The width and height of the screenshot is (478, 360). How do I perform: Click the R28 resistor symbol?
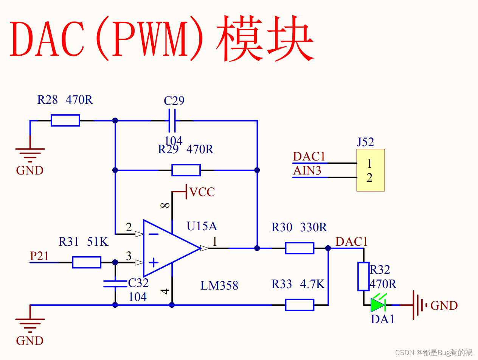point(65,120)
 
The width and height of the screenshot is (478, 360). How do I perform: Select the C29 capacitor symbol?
point(172,120)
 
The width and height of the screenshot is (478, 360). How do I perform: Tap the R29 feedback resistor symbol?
point(186,170)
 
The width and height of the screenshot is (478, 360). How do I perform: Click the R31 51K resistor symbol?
point(87,262)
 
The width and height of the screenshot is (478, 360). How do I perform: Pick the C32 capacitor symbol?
point(115,284)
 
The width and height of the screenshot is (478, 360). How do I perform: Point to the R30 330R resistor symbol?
point(300,248)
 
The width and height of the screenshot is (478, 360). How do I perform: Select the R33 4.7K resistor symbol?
point(300,305)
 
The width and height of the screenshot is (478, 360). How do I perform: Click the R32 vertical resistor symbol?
point(363,276)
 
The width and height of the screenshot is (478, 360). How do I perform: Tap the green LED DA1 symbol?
point(378,304)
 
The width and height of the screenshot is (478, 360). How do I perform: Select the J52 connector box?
point(370,170)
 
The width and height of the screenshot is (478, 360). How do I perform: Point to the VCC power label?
point(202,192)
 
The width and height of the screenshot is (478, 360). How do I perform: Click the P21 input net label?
point(39,256)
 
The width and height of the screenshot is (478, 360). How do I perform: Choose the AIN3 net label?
point(307,171)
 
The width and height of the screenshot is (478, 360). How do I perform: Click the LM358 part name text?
point(219,285)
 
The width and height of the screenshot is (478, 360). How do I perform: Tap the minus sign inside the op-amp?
point(153,234)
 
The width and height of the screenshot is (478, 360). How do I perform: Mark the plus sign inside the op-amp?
point(153,262)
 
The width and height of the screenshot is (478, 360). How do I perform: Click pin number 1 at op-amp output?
point(214,242)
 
